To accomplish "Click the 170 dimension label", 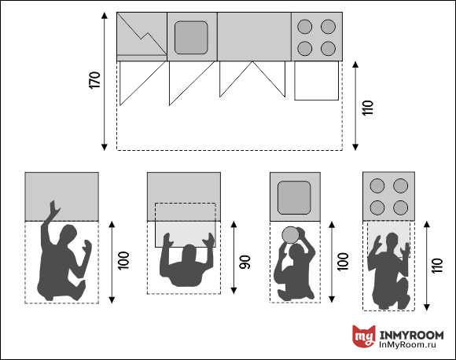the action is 94,80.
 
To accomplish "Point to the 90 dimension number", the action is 245,262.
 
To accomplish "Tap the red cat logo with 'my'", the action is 363,336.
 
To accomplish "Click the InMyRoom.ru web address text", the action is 407,345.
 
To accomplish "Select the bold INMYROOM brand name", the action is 411,335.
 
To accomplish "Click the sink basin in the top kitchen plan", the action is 191,38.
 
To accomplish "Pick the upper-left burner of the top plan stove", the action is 305,27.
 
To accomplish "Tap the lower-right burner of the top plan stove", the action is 329,49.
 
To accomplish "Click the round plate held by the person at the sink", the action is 290,235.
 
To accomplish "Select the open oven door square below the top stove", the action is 316,80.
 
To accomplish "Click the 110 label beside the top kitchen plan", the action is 368,108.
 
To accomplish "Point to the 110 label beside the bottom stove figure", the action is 437,265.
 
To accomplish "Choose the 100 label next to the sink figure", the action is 343,262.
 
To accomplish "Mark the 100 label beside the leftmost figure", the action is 123,260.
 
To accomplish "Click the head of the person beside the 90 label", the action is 189,252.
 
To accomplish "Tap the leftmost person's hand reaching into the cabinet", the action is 53,208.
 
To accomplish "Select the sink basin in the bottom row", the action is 294,198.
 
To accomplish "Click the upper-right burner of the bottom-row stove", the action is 400,186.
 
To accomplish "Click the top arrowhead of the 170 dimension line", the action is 105,15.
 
